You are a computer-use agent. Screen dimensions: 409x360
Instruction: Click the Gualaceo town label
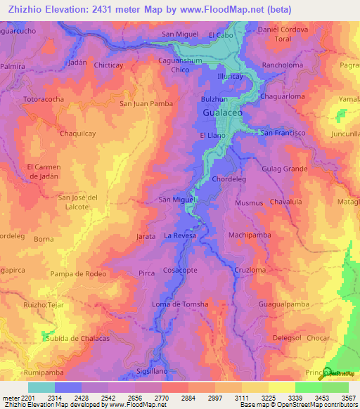223,113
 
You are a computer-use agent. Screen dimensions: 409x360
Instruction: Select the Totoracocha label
44,99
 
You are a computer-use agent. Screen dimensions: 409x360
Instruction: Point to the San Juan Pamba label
146,104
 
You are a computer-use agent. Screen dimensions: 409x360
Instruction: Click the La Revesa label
180,235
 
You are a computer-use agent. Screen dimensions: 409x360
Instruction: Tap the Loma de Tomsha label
180,304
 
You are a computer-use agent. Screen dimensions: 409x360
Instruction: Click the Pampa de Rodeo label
78,273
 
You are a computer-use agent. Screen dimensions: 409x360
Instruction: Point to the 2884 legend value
187,398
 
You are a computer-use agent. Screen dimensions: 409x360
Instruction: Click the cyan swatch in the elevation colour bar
41,387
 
